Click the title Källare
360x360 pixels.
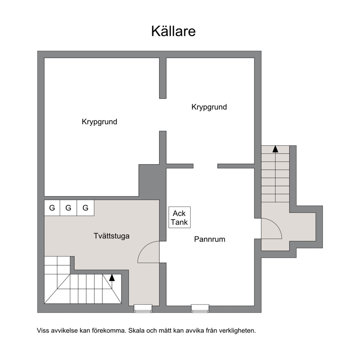tap(173, 31)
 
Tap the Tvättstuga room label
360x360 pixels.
tap(111, 236)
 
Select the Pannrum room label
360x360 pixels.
tap(210, 239)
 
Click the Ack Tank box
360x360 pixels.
tap(180, 217)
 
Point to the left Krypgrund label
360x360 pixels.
tap(99, 122)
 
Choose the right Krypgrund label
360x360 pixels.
tap(209, 107)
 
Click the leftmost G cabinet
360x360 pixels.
tap(52, 208)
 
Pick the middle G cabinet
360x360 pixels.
tap(69, 208)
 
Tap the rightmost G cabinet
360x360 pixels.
tap(85, 208)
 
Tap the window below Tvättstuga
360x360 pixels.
tap(143, 308)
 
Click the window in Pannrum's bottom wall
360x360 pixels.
tap(200, 308)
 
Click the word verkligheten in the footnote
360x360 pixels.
tap(237, 331)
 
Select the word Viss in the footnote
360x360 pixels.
tap(43, 331)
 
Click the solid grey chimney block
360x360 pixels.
tap(149, 180)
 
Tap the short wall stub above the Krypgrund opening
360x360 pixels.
tap(163, 78)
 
